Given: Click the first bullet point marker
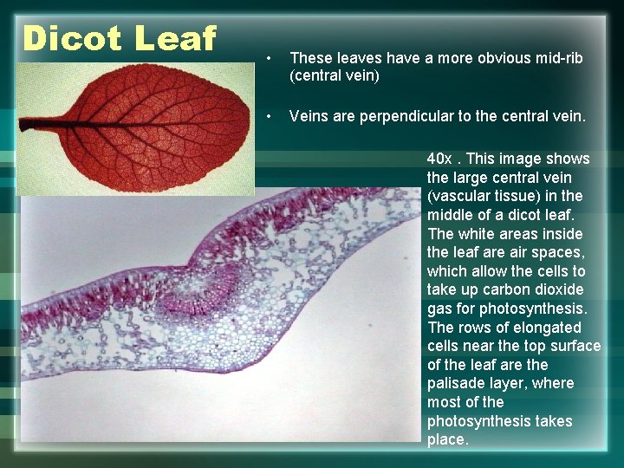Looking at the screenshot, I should [271, 58].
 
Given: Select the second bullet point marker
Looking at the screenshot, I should [271, 115].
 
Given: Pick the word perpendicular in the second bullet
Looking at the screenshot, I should [408, 115].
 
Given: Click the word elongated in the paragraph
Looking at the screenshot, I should [549, 328].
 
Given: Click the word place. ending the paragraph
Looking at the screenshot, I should [448, 439].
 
